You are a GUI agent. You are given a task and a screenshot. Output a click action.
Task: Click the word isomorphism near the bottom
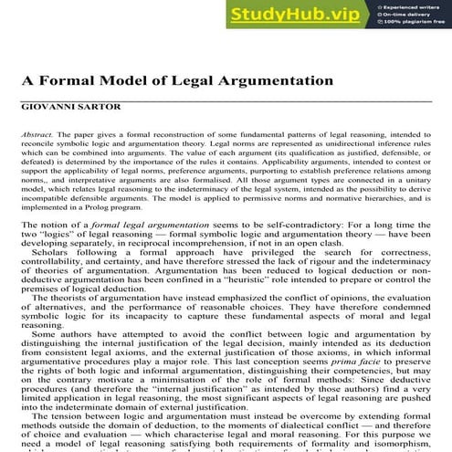[x=401, y=444]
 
